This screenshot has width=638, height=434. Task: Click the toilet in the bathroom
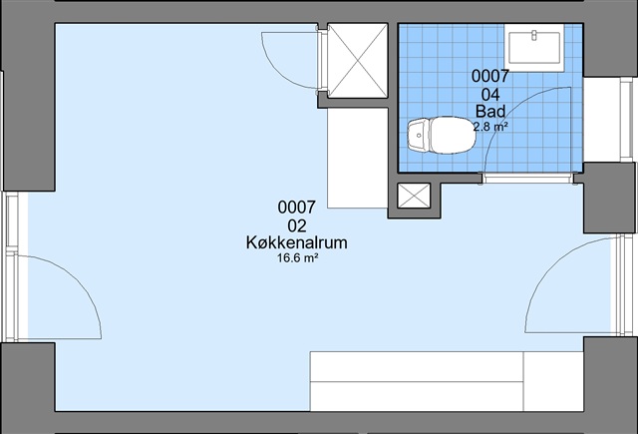point(442,135)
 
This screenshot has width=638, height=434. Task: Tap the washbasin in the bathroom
point(534,47)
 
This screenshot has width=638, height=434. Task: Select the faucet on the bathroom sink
point(534,36)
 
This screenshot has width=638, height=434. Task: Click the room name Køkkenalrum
point(297,242)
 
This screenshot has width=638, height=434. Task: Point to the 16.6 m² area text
point(297,258)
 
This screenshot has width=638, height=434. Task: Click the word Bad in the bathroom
point(490,111)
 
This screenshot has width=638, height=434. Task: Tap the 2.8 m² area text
point(490,127)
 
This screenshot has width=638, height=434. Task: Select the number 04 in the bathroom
point(490,95)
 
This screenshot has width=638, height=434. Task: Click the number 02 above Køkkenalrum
point(297,225)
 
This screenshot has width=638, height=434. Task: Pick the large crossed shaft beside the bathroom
point(358,61)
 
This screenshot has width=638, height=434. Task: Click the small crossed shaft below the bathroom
point(414,196)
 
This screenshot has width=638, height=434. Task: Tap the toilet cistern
point(418,136)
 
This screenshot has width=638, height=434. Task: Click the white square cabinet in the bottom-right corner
point(553,381)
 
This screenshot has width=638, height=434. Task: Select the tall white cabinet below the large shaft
point(358,159)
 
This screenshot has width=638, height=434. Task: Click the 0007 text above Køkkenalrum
point(297,208)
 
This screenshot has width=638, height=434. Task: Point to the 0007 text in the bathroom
point(490,76)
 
